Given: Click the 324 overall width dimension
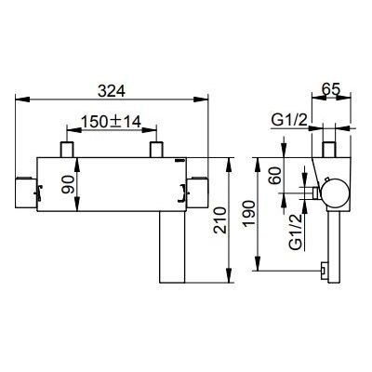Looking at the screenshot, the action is click(112, 91).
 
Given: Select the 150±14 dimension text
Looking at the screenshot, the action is click(111, 122).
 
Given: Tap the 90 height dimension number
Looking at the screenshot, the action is click(68, 184).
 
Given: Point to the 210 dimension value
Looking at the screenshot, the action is click(219, 220).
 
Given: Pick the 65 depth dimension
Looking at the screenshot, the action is click(331, 89).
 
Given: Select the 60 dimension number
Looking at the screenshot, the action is click(275, 176).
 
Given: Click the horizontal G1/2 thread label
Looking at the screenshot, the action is click(289, 121).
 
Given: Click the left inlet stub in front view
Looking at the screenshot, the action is click(67, 150).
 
